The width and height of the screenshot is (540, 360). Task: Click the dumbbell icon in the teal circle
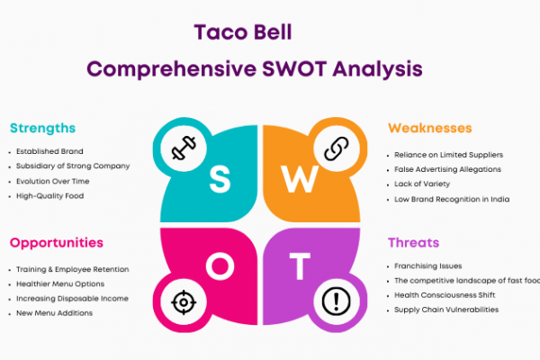tap(184, 148)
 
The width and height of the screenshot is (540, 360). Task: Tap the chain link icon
tap(337, 148)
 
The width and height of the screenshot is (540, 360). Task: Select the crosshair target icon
tap(184, 302)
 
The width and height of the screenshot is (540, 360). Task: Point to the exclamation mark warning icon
tap(336, 301)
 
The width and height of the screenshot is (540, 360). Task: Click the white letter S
tap(220, 179)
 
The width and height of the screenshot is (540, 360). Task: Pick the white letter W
tap(300, 179)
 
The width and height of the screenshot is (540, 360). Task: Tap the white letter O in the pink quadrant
tap(220, 266)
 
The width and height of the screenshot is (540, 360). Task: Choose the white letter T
tap(300, 266)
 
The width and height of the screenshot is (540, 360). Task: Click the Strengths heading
tap(42, 128)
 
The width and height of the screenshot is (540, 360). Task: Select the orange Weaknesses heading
tap(430, 128)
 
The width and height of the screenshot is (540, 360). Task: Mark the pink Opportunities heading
tap(57, 243)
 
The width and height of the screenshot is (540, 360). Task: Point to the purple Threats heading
tap(414, 243)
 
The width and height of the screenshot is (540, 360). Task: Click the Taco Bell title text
tap(243, 32)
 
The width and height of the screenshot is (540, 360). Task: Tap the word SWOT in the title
tap(294, 68)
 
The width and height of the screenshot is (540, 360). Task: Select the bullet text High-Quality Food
tap(49, 196)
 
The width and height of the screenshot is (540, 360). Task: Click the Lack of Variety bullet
tap(422, 184)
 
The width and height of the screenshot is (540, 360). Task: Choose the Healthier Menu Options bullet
tap(60, 283)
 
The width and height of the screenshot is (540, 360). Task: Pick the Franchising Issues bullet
tap(428, 266)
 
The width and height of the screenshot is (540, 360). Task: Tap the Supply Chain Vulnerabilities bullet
tap(446, 310)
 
